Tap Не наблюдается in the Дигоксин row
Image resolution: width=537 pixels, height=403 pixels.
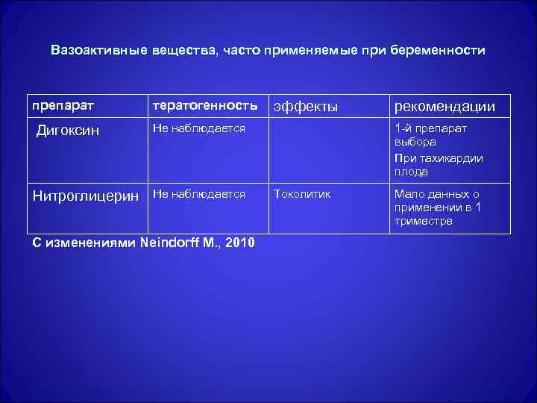(198, 128)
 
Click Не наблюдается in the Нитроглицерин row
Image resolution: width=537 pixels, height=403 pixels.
(198, 193)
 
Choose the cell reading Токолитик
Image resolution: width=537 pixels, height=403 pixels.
(303, 194)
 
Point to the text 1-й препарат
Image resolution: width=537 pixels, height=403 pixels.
(431, 128)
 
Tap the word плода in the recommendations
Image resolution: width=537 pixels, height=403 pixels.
(411, 172)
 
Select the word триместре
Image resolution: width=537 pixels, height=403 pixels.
(423, 221)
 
